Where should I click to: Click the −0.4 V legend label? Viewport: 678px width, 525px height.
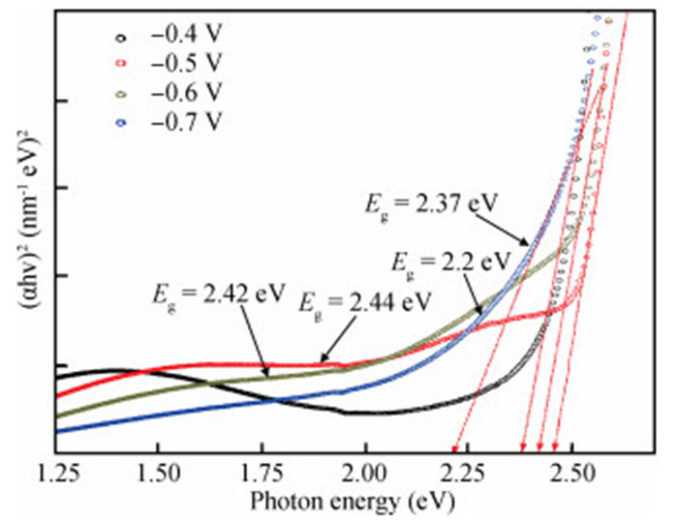click(187, 34)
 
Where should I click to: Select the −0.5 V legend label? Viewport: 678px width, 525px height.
click(187, 63)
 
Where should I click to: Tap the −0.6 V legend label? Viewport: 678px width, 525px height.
click(187, 93)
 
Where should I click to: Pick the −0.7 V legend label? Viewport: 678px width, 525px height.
click(187, 122)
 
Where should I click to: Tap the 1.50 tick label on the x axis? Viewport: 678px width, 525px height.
click(157, 476)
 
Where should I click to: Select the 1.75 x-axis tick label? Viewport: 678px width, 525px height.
click(261, 476)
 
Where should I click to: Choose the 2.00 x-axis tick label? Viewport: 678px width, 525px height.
click(365, 476)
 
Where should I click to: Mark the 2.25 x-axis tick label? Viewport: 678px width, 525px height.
click(469, 476)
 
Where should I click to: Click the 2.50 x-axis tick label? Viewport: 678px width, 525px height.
click(571, 476)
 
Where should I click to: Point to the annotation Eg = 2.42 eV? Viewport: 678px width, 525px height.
click(211, 292)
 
